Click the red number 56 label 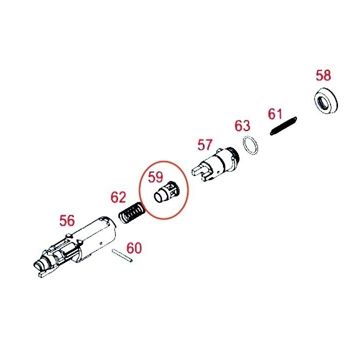67,220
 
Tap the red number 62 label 118,197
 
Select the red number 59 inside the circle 155,177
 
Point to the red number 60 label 134,248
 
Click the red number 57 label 205,145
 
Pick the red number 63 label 242,125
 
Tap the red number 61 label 275,114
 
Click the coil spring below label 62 132,213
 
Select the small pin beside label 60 122,255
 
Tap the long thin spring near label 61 283,126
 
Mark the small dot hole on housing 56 101,243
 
